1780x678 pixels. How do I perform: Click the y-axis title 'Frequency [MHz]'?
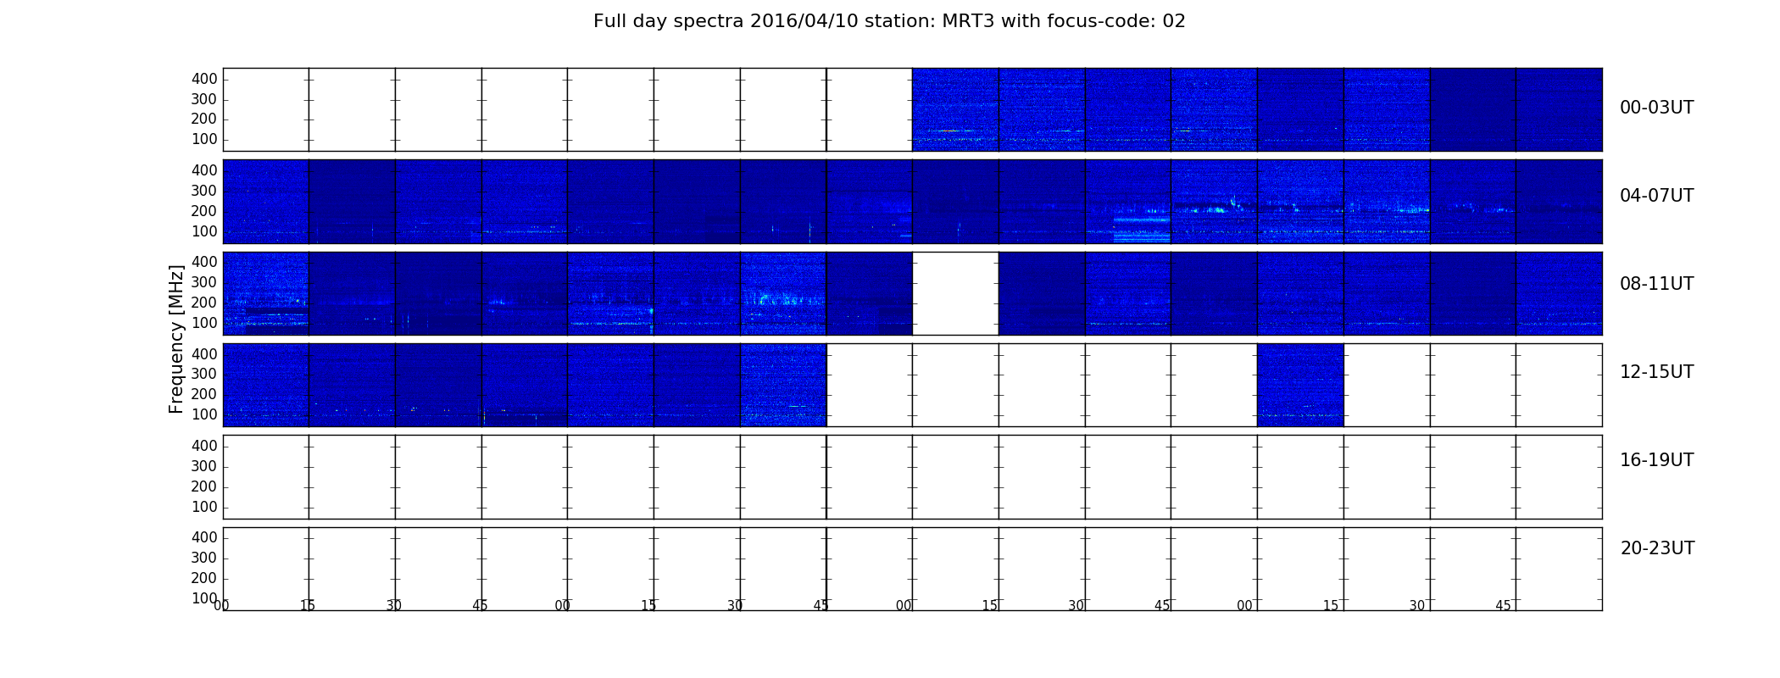pyautogui.click(x=176, y=339)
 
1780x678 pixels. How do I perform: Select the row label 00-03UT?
pyautogui.click(x=1657, y=108)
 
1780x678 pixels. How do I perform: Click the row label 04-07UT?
pyautogui.click(x=1657, y=196)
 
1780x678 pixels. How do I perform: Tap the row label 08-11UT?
pyautogui.click(x=1657, y=284)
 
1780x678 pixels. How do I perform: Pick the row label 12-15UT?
pyautogui.click(x=1657, y=372)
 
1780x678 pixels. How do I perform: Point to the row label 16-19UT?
pyautogui.click(x=1657, y=460)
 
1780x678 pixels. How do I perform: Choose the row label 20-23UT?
pyautogui.click(x=1657, y=548)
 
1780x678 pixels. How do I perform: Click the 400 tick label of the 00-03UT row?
pyautogui.click(x=204, y=79)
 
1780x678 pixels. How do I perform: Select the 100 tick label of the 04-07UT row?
pyautogui.click(x=204, y=231)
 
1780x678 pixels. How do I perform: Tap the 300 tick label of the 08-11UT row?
pyautogui.click(x=204, y=282)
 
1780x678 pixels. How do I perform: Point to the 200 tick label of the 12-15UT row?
pyautogui.click(x=204, y=394)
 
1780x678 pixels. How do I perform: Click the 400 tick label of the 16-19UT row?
pyautogui.click(x=204, y=446)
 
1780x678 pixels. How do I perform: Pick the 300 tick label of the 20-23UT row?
pyautogui.click(x=204, y=558)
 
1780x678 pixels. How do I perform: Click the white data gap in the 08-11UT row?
pyautogui.click(x=955, y=293)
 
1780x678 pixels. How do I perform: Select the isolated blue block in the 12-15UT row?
pyautogui.click(x=1300, y=385)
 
